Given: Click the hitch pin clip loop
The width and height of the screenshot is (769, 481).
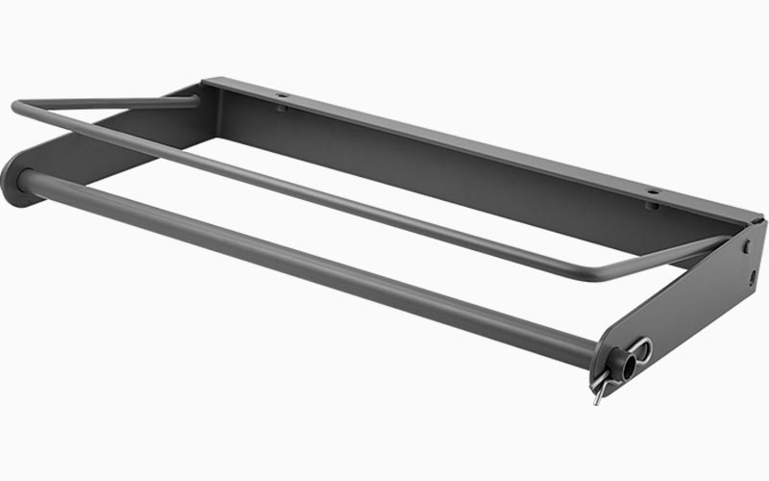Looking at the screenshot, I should [642, 351].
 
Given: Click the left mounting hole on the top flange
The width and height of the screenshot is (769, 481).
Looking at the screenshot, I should [283, 96].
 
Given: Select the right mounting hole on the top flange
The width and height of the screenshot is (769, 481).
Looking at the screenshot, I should [652, 192].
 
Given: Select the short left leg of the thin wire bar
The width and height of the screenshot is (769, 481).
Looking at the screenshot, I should [106, 101].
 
